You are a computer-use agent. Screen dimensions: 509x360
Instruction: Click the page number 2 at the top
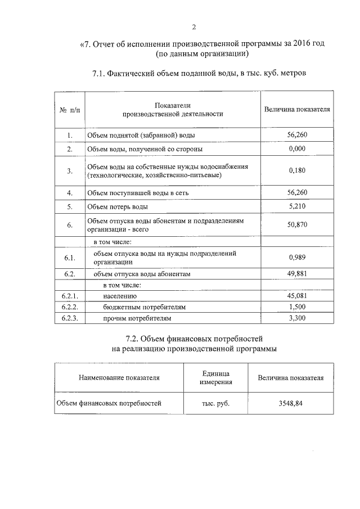click(x=193, y=27)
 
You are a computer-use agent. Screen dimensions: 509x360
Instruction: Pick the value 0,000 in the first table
click(x=296, y=149)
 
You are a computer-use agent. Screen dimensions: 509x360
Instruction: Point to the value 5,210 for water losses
click(x=296, y=206)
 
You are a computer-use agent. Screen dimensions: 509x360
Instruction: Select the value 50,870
click(x=296, y=225)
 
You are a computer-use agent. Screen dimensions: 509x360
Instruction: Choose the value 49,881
click(x=296, y=274)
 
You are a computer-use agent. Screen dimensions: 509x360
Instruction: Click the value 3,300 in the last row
click(x=296, y=318)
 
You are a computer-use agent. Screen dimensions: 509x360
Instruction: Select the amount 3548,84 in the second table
click(x=290, y=403)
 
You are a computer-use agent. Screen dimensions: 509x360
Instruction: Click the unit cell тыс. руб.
click(x=215, y=403)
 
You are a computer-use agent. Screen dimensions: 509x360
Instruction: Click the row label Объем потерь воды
click(x=116, y=207)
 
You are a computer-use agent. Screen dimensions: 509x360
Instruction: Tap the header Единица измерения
click(x=215, y=378)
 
